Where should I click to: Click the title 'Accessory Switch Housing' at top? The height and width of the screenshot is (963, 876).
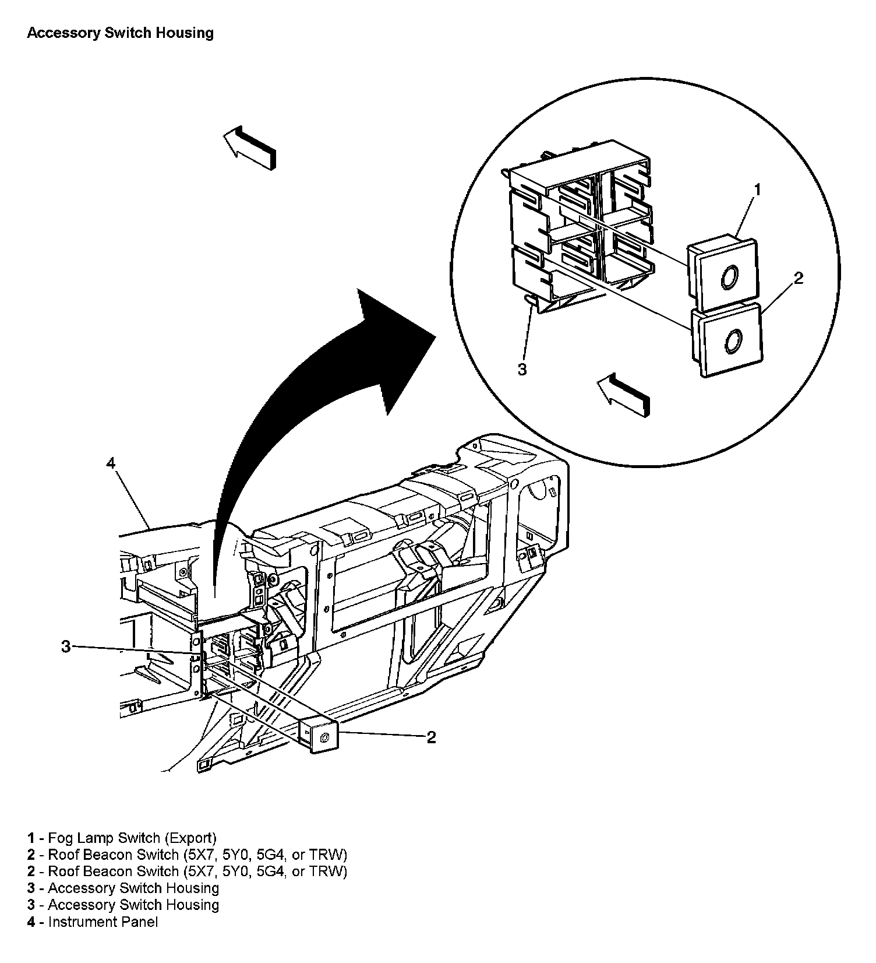tap(120, 33)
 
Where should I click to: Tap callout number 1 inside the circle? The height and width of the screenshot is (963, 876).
tap(757, 190)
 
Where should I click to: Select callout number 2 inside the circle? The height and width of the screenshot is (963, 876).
tap(799, 279)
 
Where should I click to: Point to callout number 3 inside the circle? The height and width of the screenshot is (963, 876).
tap(522, 369)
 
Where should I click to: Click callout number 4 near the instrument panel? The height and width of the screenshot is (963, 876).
tap(111, 463)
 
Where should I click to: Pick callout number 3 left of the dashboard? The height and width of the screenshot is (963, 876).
tap(66, 646)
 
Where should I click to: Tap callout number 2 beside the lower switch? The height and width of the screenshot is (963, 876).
tap(431, 737)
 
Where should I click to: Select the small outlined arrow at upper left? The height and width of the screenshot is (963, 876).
tap(249, 148)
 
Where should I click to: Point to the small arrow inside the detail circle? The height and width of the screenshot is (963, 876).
tap(623, 395)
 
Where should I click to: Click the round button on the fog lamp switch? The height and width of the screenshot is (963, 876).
tap(728, 278)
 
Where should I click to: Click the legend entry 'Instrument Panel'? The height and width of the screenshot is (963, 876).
tap(103, 922)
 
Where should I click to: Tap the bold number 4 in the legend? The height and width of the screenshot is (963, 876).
tap(31, 922)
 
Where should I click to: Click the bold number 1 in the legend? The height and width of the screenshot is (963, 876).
tap(31, 838)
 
